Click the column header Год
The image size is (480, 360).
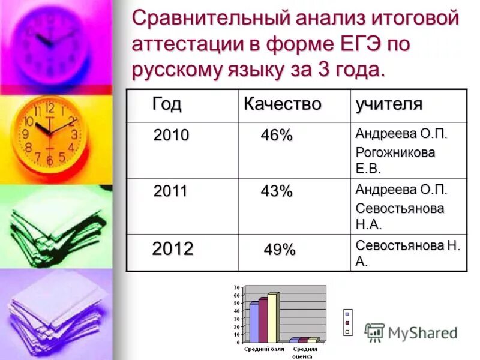166,104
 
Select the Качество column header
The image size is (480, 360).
282,104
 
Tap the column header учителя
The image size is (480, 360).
389,104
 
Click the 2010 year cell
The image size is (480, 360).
171,136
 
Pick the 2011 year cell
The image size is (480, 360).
170,192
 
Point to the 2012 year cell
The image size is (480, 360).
172,249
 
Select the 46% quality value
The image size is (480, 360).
276,136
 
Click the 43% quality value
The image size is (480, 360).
276,192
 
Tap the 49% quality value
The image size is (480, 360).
280,250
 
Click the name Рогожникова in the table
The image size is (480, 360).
395,152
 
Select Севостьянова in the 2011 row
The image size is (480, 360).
400,208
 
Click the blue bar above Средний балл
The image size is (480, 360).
254,322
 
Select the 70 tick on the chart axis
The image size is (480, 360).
236,288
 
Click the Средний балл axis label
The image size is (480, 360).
259,349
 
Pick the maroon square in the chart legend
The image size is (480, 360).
347,322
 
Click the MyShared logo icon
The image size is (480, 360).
374,332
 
